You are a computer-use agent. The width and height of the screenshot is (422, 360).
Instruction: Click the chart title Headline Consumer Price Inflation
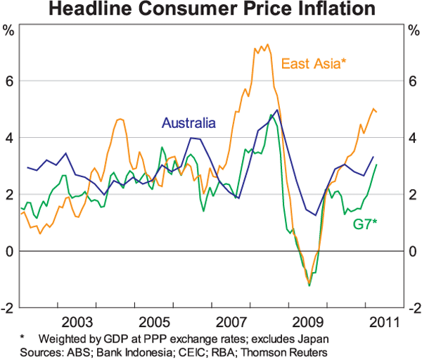pyautogui.click(x=211, y=10)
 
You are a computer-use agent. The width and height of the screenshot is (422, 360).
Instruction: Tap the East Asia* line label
pyautogui.click(x=313, y=64)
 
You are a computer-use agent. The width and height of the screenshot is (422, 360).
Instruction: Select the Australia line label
pyautogui.click(x=188, y=124)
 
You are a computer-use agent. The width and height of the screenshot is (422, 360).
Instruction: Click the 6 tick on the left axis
pyautogui.click(x=9, y=82)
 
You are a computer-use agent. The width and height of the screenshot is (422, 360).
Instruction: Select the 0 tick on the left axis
pyautogui.click(x=9, y=251)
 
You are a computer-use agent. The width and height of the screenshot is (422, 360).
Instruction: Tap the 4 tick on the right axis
pyautogui.click(x=414, y=138)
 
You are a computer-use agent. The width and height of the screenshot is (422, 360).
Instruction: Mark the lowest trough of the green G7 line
pyautogui.click(x=309, y=285)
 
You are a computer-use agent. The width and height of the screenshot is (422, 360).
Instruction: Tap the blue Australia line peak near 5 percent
pyautogui.click(x=277, y=110)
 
